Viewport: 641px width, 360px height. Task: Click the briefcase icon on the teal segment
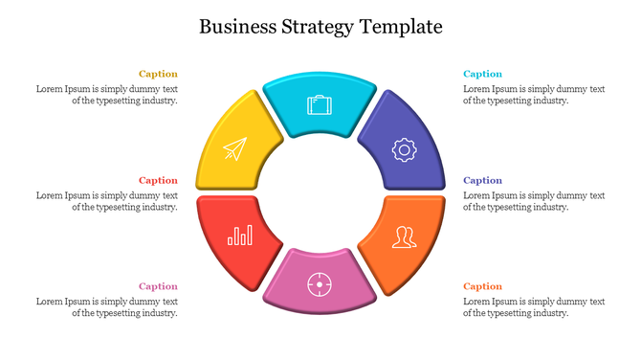pos(319,104)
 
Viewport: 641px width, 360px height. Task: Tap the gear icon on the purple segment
pos(404,148)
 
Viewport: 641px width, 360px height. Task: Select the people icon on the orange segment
pos(406,236)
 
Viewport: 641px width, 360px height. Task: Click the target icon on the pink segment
pos(319,282)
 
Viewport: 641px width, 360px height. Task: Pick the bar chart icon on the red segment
pos(240,235)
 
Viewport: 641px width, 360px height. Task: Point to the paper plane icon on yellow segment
pos(234,148)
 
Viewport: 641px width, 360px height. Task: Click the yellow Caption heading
pos(158,74)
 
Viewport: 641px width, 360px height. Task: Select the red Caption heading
pos(158,180)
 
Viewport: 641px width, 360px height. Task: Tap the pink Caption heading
pos(158,286)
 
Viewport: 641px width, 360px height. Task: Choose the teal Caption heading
pos(482,74)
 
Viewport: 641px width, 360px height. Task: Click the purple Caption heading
pos(482,180)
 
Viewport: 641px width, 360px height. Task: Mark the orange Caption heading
pos(482,286)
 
